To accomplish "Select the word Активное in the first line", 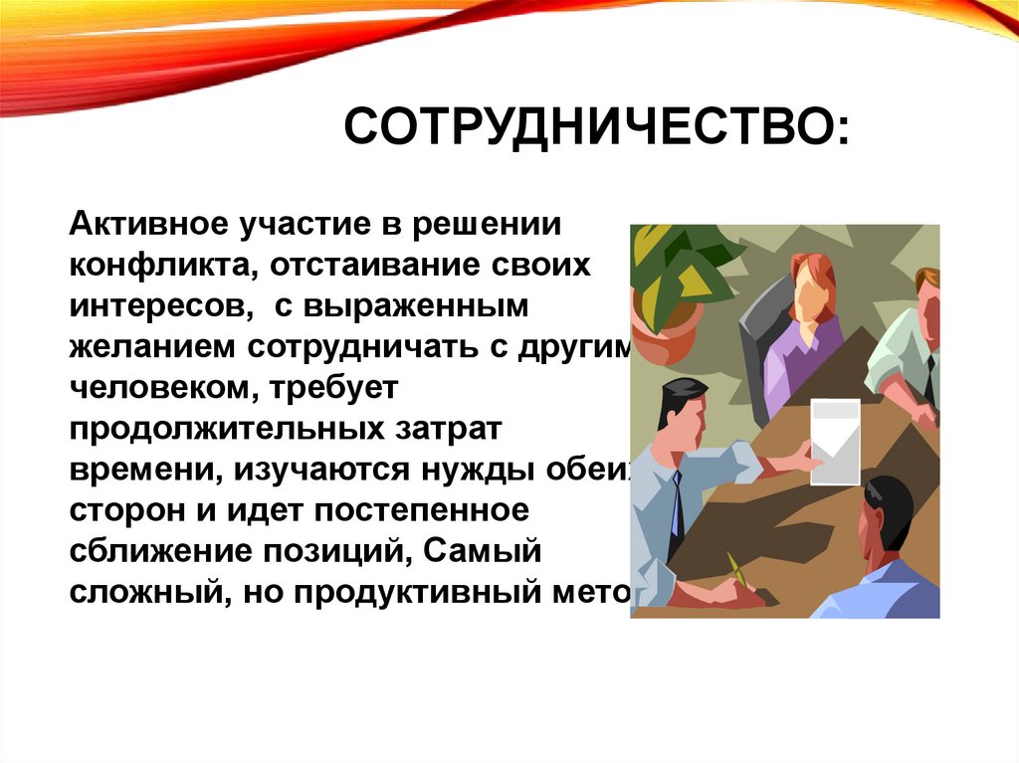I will click(146, 224).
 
